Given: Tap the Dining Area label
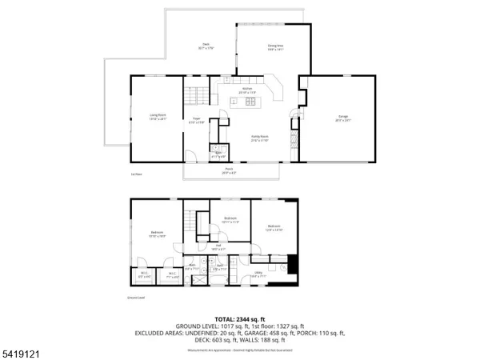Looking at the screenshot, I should (x=276, y=48).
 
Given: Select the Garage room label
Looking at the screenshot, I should (x=342, y=119).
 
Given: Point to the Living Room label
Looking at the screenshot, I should (x=157, y=117).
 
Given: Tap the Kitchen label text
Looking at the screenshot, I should (x=247, y=90).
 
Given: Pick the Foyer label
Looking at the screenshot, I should (x=196, y=121).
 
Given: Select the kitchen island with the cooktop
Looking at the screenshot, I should (x=248, y=102).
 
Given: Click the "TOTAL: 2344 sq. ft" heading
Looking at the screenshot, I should (x=240, y=318).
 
